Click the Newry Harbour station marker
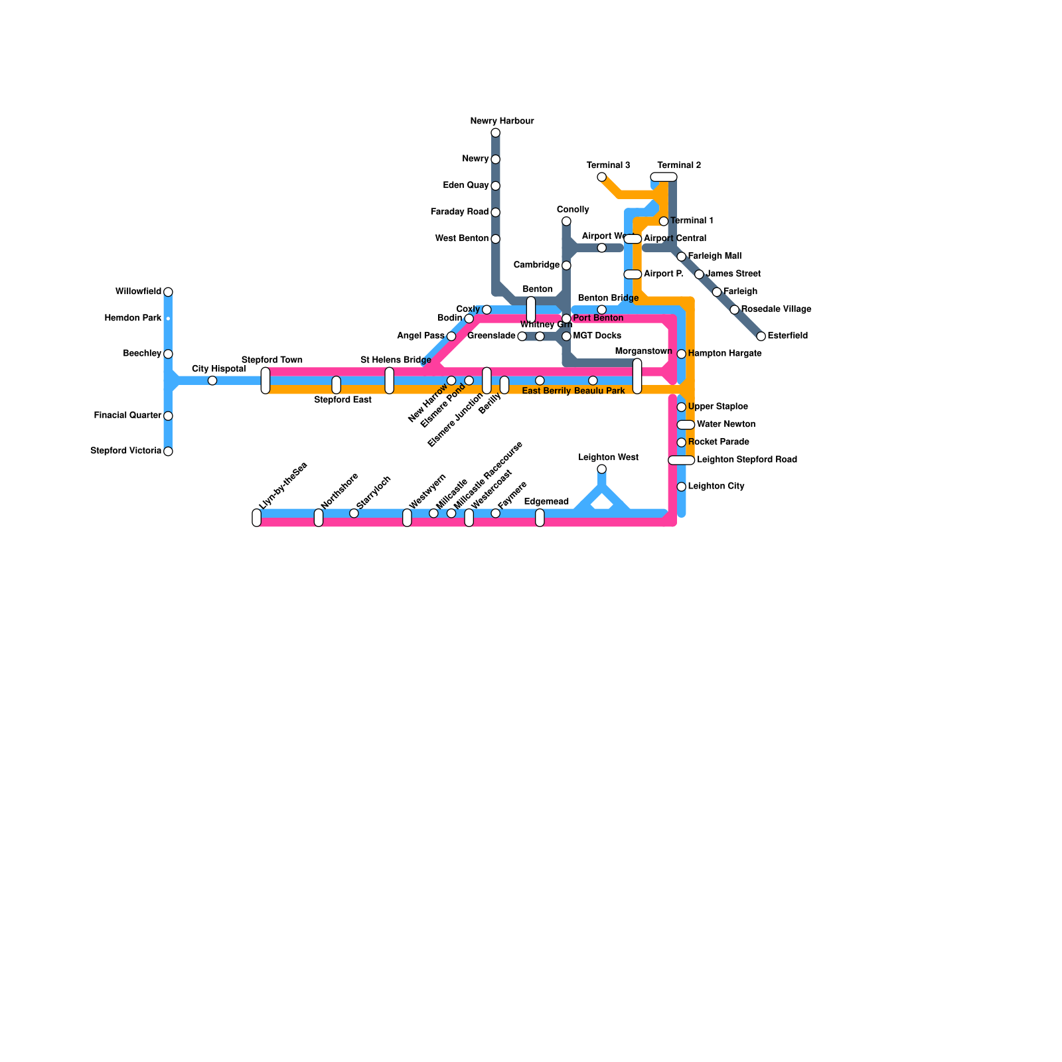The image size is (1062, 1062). [495, 133]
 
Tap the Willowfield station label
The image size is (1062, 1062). [138, 291]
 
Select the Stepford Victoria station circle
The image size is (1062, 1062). [168, 451]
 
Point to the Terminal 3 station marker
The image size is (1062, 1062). [601, 177]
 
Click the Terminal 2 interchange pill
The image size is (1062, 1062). [664, 177]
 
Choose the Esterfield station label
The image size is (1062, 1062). [787, 336]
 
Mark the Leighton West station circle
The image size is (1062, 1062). [601, 469]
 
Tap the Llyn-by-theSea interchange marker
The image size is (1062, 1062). [257, 518]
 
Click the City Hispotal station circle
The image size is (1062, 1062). [212, 380]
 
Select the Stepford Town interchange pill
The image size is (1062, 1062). [265, 380]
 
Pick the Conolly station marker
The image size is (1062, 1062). [566, 221]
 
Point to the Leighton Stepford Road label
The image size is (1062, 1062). [747, 459]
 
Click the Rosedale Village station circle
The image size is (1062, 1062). [734, 309]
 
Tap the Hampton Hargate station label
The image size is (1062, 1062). [724, 353]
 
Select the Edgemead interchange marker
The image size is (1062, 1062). [540, 518]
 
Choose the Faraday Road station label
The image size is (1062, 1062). [459, 212]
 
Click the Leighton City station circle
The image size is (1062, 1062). [681, 487]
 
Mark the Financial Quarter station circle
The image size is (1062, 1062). [168, 416]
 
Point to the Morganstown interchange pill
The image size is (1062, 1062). [637, 376]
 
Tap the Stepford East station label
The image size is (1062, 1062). [342, 400]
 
